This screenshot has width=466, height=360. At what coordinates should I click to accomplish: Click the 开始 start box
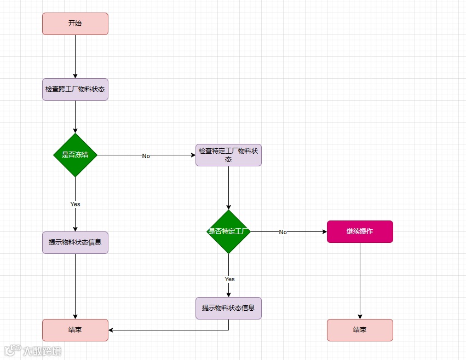(75, 24)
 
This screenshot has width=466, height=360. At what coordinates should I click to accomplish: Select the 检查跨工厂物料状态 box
(75, 89)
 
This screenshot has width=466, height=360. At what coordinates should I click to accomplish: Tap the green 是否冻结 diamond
(75, 155)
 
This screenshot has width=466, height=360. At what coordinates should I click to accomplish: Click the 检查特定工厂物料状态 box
(228, 155)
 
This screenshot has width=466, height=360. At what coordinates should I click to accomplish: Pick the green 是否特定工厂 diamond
(228, 231)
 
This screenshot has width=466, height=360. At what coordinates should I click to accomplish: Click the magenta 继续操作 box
(360, 231)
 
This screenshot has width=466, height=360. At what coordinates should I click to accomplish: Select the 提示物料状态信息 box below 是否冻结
(75, 242)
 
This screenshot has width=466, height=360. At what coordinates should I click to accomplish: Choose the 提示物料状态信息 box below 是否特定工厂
(228, 308)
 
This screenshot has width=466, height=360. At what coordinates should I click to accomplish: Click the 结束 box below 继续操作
(360, 330)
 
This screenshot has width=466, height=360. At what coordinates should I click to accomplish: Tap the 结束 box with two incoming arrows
(75, 330)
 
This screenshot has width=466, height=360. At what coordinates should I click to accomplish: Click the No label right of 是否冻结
(146, 156)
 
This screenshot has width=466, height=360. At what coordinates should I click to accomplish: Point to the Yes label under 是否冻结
(75, 204)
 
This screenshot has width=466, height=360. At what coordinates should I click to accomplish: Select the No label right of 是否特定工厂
(283, 232)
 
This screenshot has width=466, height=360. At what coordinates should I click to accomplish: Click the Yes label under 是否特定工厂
(229, 279)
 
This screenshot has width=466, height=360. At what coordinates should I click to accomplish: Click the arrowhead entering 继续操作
(324, 231)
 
